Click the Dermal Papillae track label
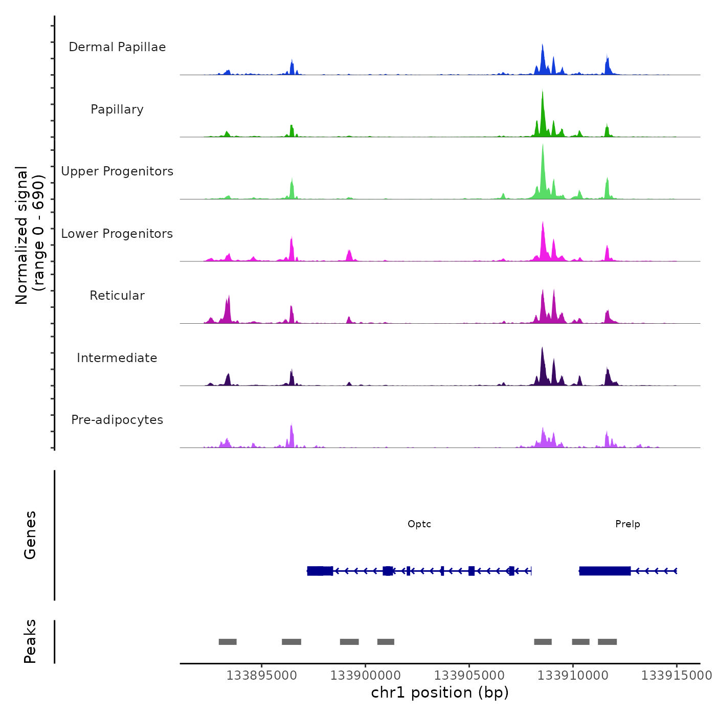tap(117, 47)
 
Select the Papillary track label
tap(117, 109)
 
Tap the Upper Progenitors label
tap(117, 171)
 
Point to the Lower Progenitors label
tap(117, 234)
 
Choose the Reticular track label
tap(117, 296)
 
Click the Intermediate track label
tap(117, 358)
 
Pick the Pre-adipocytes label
tap(117, 420)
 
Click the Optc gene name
tap(419, 524)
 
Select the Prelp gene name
tap(628, 524)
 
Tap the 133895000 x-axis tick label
tap(261, 676)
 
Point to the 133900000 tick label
tap(365, 676)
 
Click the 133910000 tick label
tap(573, 676)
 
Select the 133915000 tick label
tap(676, 676)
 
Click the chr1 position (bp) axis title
tap(440, 692)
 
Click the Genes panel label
tap(30, 535)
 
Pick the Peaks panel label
tap(30, 641)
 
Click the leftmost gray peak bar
tap(228, 642)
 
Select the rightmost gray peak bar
tap(607, 642)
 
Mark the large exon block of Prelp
tap(605, 571)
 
